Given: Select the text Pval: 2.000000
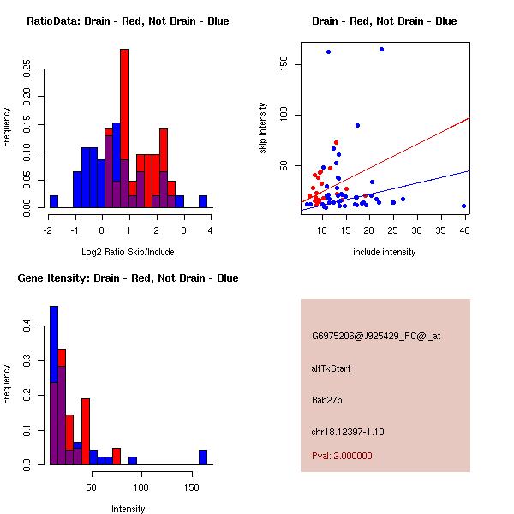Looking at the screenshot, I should click(342, 456).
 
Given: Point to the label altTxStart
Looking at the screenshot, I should click(331, 368).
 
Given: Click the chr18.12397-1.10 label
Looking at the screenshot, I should click(348, 432).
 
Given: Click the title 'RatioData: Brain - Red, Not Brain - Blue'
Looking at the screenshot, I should click(128, 21).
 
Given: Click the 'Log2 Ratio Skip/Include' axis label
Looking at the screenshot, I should click(128, 252).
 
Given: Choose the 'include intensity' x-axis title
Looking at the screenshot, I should click(385, 252).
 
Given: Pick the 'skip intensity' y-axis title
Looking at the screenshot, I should click(263, 128).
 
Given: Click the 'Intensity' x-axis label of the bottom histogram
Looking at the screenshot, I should click(128, 509).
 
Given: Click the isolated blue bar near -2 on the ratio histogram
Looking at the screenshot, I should click(54, 201).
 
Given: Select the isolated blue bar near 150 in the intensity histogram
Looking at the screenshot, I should click(203, 457).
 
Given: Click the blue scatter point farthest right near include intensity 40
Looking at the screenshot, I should click(463, 206).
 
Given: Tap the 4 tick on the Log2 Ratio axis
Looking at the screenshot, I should click(210, 230).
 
